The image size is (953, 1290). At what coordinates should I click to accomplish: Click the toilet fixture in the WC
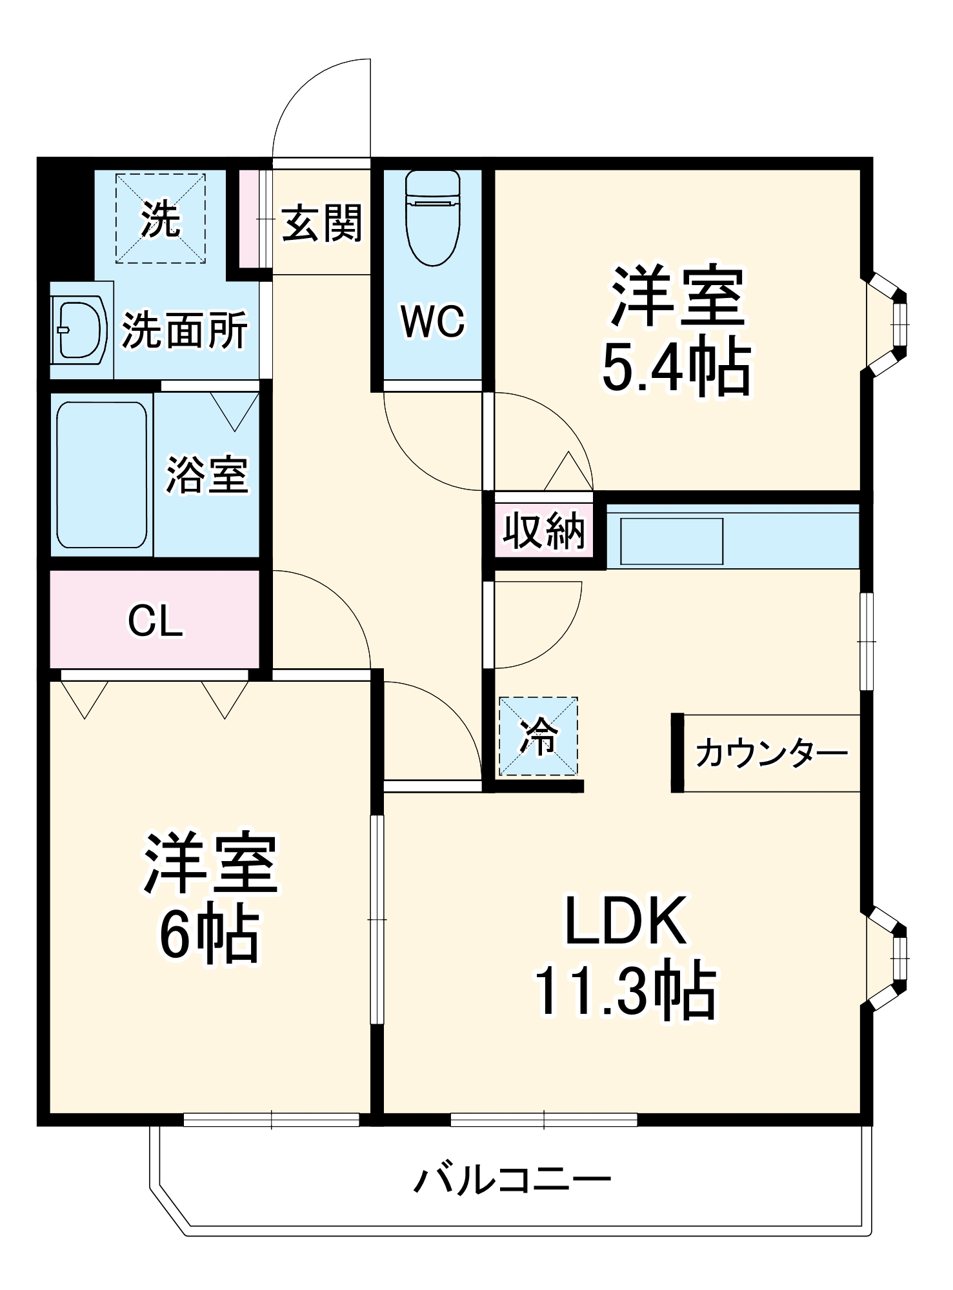click(432, 218)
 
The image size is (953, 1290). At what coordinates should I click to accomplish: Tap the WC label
click(432, 321)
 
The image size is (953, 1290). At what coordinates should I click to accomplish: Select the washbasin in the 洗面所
click(79, 330)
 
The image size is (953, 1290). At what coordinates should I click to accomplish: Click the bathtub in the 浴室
click(101, 475)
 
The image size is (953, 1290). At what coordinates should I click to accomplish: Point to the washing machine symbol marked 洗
click(161, 219)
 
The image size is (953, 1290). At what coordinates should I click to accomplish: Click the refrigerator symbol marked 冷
click(538, 736)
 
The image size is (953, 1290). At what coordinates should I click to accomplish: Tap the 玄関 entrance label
click(321, 223)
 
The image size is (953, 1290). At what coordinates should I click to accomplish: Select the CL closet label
click(155, 621)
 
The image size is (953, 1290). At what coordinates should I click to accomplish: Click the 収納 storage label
click(544, 531)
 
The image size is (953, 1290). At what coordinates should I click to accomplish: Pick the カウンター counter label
click(771, 753)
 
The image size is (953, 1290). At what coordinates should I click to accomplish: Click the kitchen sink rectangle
click(671, 541)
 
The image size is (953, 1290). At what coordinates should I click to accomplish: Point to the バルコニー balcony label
click(512, 1180)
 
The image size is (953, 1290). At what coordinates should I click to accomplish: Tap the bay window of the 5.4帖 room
click(888, 324)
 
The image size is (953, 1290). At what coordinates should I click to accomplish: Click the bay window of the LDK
click(888, 957)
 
